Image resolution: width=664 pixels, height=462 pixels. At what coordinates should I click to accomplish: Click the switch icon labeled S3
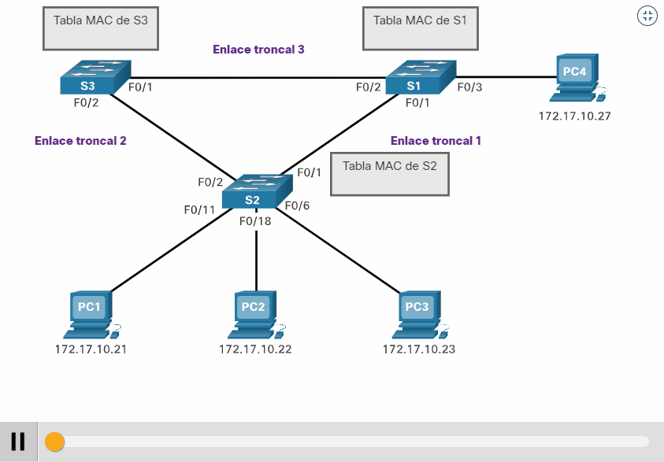point(95,78)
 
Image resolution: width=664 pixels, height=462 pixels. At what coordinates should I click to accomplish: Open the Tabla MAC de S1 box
point(420,28)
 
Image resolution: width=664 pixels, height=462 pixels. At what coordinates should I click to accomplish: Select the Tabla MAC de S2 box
point(389,174)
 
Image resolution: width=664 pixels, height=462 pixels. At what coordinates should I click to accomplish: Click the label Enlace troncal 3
point(258,50)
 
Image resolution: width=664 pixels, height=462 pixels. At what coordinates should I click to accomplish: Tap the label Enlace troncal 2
point(80,141)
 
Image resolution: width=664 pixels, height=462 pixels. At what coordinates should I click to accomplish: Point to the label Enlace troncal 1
point(436,141)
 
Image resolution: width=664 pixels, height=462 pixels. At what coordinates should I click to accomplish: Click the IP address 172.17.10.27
point(574,116)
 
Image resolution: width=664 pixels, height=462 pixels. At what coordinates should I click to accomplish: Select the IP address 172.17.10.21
point(91,349)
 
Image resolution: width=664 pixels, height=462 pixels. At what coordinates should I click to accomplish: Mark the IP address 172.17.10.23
point(418,349)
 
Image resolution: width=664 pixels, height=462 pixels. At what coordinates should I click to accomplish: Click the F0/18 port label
point(255,221)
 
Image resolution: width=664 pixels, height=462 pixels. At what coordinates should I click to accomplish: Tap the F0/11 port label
point(199,209)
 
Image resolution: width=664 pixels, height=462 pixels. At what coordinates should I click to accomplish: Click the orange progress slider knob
point(54,442)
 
